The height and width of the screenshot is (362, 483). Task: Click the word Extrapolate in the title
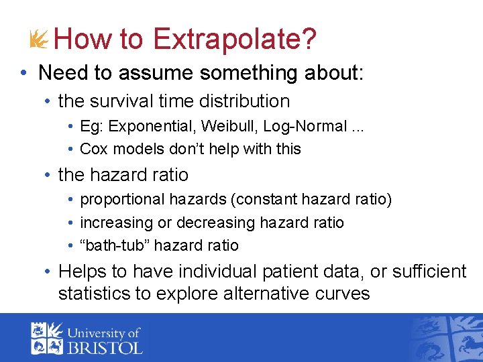pos(234,39)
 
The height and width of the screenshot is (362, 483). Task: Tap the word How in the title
pos(83,39)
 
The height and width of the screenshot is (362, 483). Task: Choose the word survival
pos(125,101)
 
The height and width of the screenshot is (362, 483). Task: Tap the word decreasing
pos(216,223)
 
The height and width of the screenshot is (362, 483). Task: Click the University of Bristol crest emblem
pos(46,339)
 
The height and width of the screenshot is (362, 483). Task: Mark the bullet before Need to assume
pos(23,72)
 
